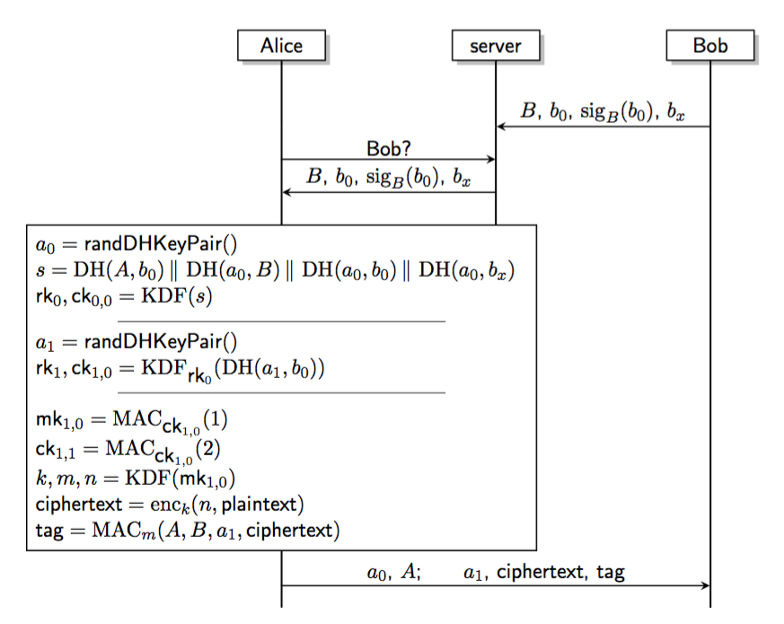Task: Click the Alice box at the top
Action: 281,46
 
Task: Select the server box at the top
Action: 496,46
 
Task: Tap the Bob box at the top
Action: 710,46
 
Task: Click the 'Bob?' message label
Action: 389,148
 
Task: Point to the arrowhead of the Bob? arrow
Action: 491,160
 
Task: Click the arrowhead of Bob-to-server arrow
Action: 501,127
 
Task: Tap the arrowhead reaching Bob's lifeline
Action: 705,585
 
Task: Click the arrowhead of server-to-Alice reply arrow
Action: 287,192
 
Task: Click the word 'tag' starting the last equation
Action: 49,531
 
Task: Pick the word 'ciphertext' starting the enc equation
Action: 78,504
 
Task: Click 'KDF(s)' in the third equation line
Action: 177,296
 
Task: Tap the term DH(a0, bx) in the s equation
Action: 466,270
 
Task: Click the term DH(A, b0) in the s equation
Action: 119,270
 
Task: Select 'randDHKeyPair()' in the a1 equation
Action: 161,341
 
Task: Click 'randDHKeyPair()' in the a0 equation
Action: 161,244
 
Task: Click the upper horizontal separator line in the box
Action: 281,321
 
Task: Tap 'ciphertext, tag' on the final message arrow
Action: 560,572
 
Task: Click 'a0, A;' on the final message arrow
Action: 394,572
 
